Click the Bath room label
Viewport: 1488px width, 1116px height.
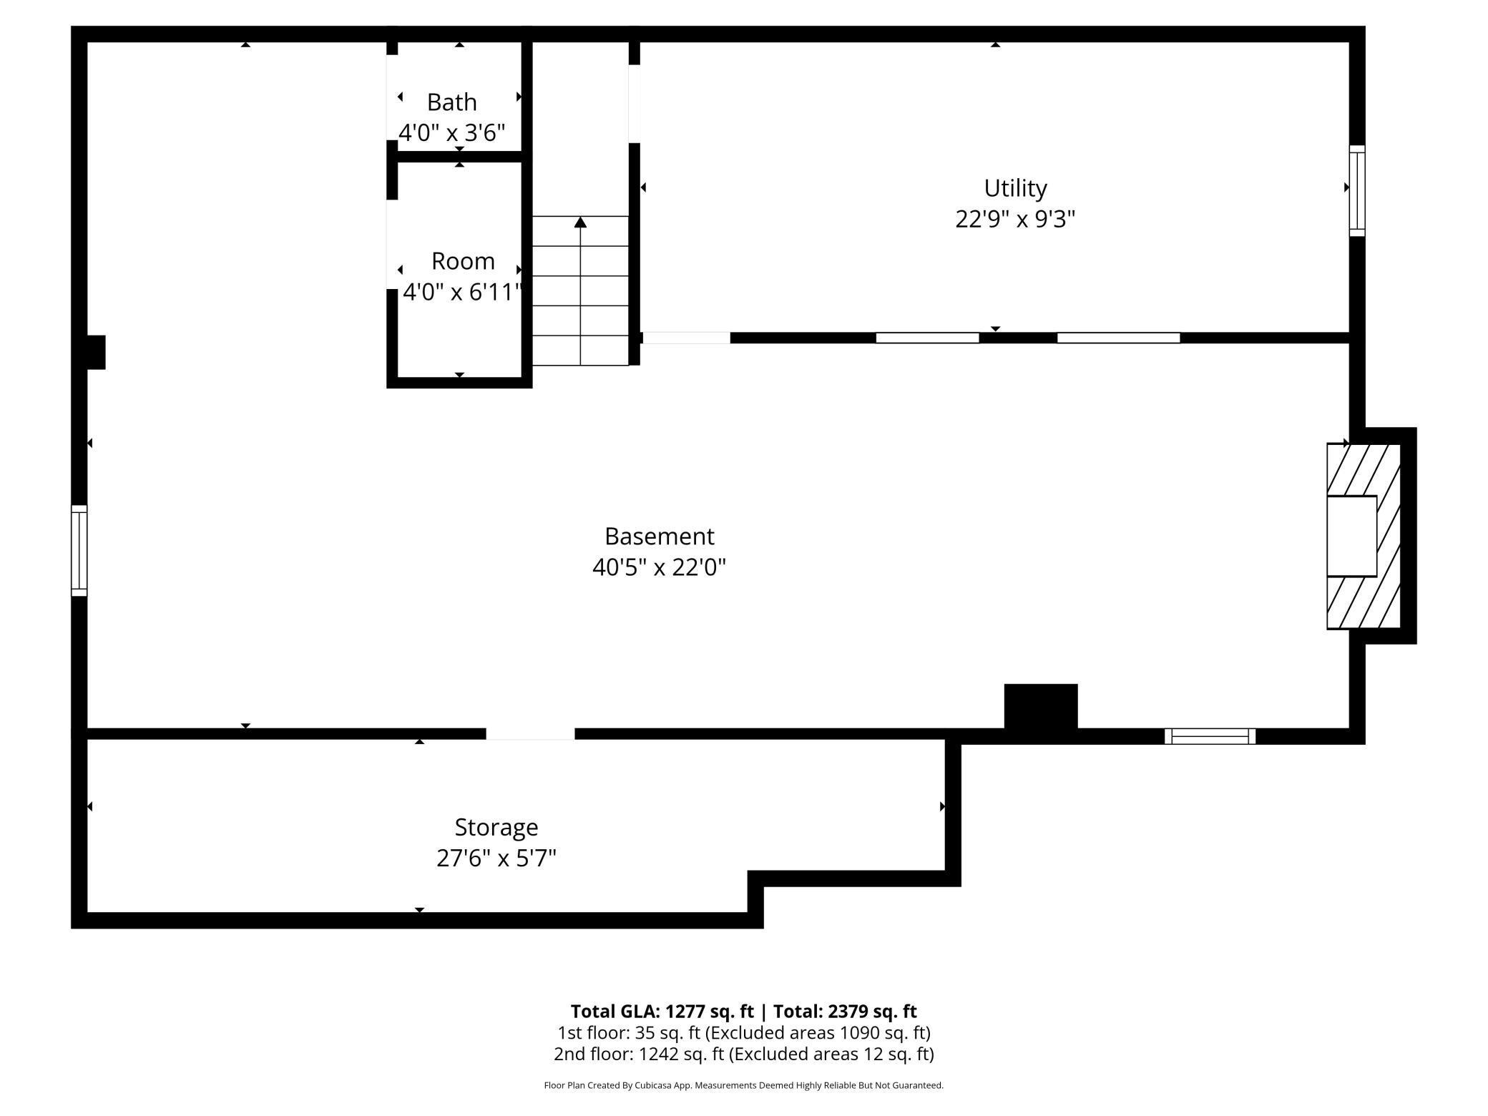tap(451, 102)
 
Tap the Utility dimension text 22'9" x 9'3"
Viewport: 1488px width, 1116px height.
tap(1014, 219)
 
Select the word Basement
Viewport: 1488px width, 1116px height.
tap(659, 537)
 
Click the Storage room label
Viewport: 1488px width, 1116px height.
tap(496, 827)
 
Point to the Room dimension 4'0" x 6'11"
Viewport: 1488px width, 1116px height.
tap(461, 292)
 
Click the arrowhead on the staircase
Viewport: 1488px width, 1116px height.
tap(580, 222)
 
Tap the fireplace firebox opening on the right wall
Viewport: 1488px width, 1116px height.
tap(1351, 536)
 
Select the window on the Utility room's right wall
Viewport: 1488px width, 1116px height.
tap(1356, 190)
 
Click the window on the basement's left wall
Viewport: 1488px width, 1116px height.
tap(79, 550)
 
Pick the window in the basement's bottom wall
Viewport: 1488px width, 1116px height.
tap(1210, 736)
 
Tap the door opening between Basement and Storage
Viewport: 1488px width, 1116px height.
tap(530, 734)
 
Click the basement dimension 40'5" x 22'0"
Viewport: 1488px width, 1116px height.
tap(659, 567)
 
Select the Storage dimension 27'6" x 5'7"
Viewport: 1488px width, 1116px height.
tap(496, 858)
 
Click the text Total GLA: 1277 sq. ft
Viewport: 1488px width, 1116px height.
tap(662, 1011)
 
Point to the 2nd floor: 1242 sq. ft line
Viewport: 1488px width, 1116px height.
tap(743, 1054)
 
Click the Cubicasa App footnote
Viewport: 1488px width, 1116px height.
tap(743, 1085)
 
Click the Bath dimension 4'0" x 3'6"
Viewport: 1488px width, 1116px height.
tap(451, 133)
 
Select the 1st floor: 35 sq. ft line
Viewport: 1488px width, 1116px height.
tap(743, 1032)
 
